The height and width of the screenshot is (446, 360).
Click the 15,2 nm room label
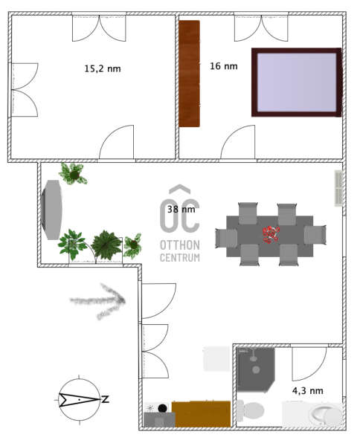click(x=103, y=69)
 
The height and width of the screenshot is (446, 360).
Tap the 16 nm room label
click(x=224, y=66)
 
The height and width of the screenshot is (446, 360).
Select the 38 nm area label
click(x=181, y=210)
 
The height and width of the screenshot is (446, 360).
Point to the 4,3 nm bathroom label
click(x=308, y=391)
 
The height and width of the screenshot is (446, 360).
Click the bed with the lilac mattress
click(x=297, y=83)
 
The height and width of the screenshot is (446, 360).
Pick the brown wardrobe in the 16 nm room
click(x=189, y=74)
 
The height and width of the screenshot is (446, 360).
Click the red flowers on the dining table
click(x=271, y=234)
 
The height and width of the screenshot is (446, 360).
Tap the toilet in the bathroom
click(x=250, y=410)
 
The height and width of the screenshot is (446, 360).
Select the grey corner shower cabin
click(x=256, y=369)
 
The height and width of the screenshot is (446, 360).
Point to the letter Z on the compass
click(x=106, y=399)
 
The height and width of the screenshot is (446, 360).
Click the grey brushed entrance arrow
click(x=97, y=301)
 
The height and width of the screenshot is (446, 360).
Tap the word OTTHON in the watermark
click(x=180, y=245)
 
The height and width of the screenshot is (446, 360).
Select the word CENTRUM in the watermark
click(x=180, y=258)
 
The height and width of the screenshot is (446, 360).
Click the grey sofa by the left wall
click(x=51, y=210)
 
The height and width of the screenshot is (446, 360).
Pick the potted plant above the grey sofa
click(x=73, y=174)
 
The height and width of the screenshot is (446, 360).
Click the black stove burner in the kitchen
click(x=162, y=408)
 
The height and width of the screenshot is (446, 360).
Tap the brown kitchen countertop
click(x=202, y=414)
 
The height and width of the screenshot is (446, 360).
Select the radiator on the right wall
click(x=338, y=188)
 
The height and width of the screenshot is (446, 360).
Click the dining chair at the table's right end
click(x=315, y=235)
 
